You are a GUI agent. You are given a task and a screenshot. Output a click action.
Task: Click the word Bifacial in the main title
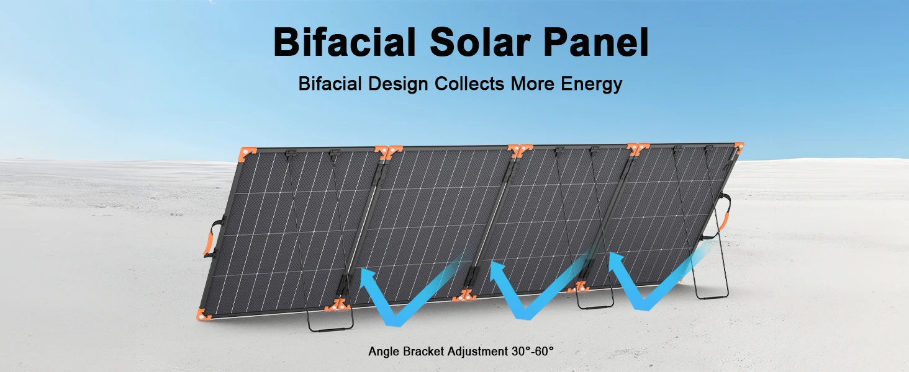[345, 42]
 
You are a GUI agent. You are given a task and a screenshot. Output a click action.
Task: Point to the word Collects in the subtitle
[469, 84]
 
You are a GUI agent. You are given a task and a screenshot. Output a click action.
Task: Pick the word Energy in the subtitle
[591, 84]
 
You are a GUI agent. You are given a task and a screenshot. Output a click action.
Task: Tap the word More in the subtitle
[532, 84]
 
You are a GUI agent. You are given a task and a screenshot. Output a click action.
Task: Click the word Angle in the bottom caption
[384, 352]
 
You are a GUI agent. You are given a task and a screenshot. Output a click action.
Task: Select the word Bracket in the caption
[423, 351]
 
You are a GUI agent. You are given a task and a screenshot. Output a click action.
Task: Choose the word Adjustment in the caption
[477, 352]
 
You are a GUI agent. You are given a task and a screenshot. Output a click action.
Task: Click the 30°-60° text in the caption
[532, 351]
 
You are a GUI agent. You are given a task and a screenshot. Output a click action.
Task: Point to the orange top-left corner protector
[247, 154]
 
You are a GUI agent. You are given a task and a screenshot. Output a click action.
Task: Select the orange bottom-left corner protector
[203, 314]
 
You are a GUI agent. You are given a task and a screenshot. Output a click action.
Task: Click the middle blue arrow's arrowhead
[499, 271]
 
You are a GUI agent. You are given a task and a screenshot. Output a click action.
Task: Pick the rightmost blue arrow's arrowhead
[618, 263]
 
